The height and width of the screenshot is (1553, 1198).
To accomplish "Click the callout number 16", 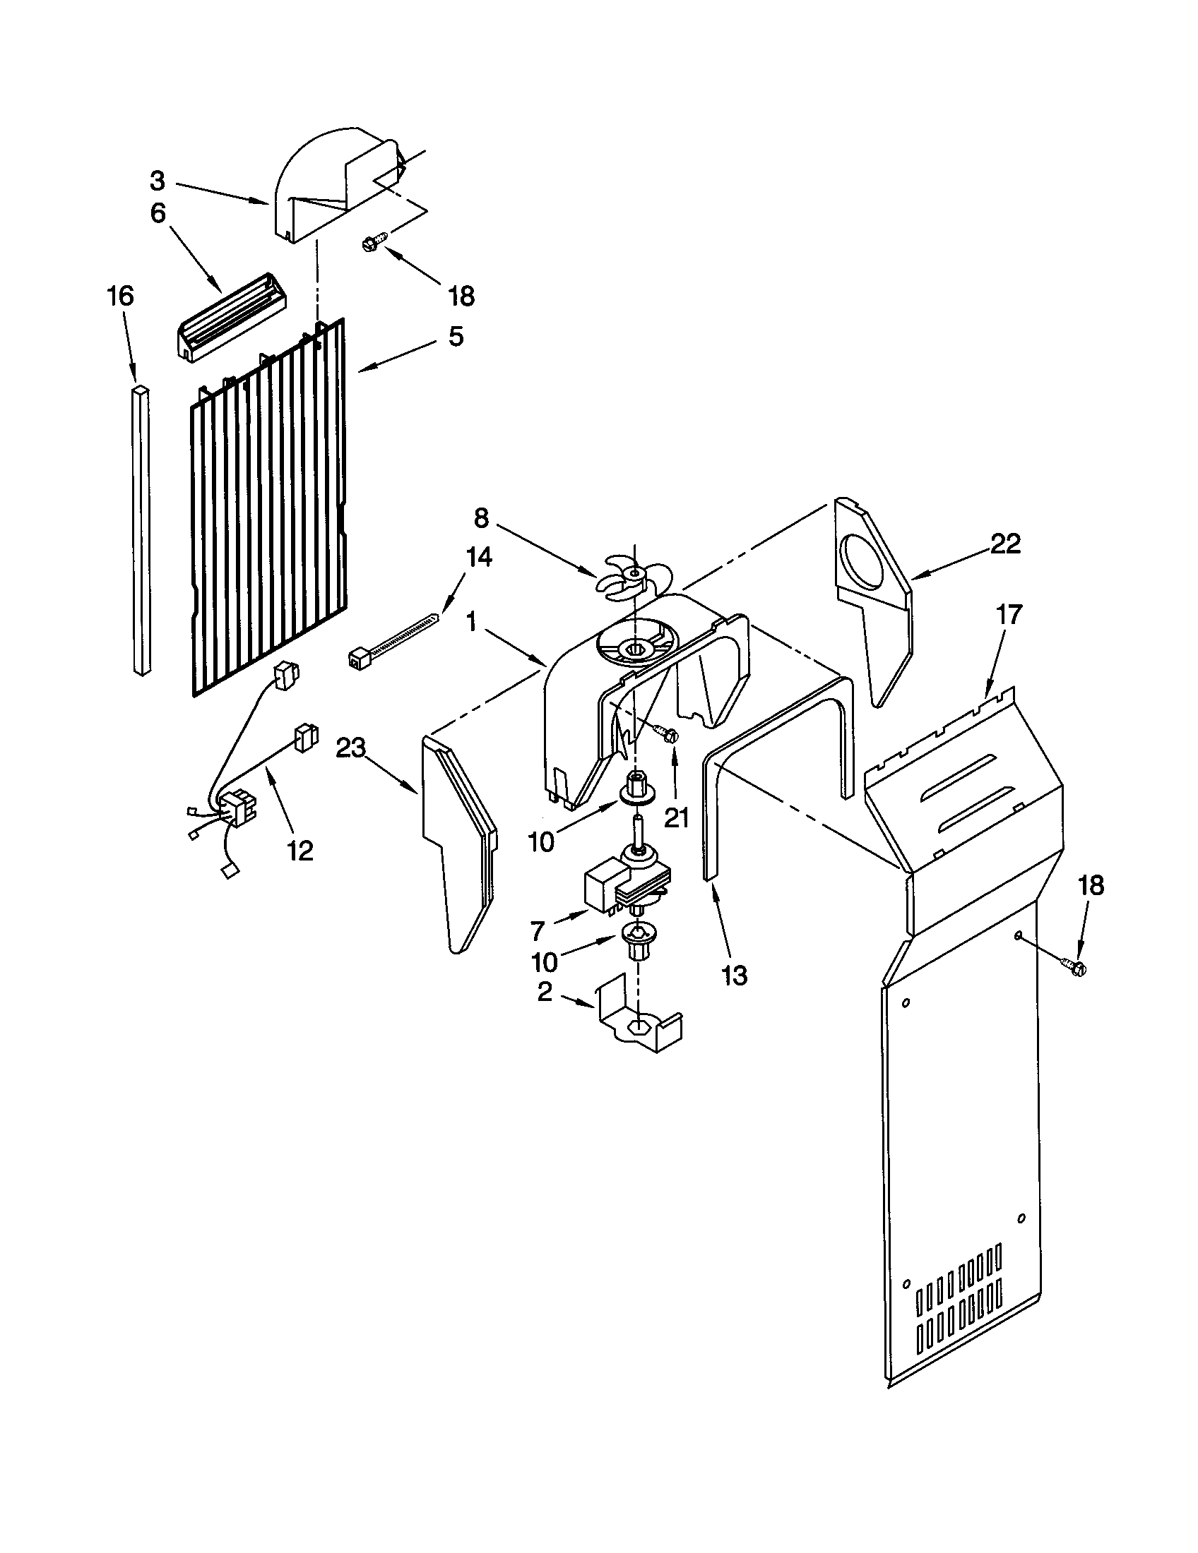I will coord(120,295).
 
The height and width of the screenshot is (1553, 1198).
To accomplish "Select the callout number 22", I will coord(1005,544).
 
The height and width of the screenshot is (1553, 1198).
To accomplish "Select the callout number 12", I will coord(300,850).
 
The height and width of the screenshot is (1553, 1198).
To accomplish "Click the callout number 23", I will coord(351,748).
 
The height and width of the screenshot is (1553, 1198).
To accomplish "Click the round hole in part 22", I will coord(864,563).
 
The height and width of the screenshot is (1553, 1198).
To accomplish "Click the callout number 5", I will coord(456,335).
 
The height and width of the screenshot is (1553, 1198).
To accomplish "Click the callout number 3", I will coord(158,181).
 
